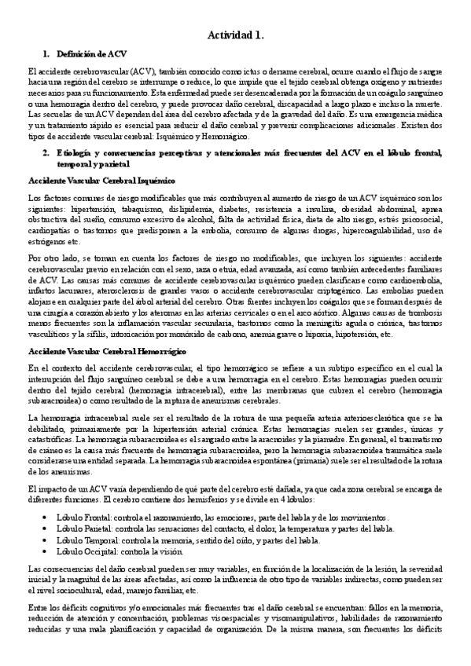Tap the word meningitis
(x=320, y=321)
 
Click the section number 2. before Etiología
(x=46, y=152)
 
